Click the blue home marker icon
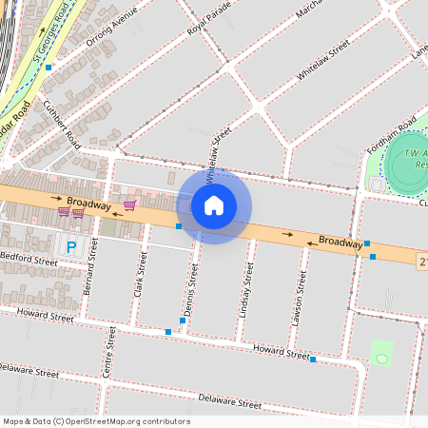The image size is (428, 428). pos(214,205)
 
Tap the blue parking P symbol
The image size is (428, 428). pos(71,247)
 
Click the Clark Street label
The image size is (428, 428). pos(140,274)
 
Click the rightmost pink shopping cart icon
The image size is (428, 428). pos(129,204)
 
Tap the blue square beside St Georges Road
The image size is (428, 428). pos(49,68)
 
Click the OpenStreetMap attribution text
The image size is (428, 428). pos(95,421)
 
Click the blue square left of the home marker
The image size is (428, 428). pos(179,226)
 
